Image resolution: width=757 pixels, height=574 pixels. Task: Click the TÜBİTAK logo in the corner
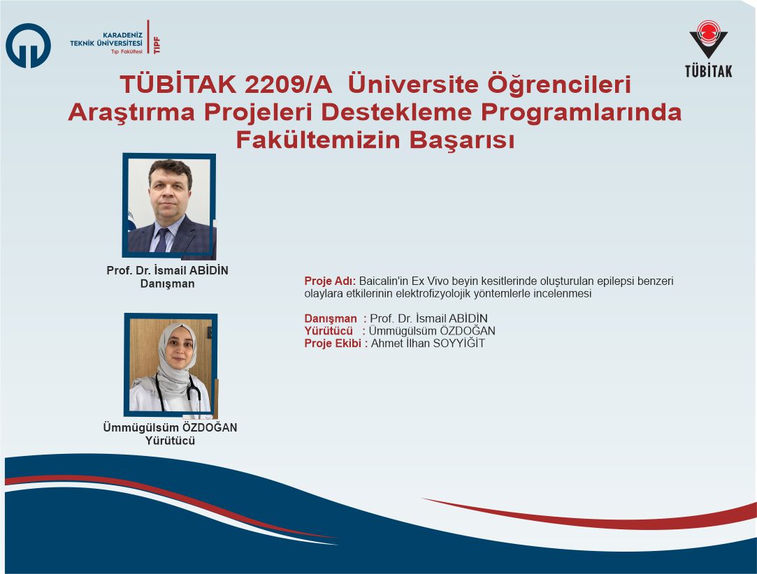[x=708, y=49]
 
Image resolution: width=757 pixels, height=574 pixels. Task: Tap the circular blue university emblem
[x=28, y=45]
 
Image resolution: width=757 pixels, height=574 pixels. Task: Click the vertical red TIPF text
[x=157, y=45]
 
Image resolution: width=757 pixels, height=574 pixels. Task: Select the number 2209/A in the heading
[x=288, y=84]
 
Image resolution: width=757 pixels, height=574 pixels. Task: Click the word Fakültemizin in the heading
[x=318, y=140]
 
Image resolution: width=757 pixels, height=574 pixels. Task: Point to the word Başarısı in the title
[x=462, y=141]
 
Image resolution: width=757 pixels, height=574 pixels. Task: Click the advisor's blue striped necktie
[x=161, y=240]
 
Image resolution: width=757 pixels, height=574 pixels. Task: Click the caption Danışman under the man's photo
[x=168, y=284]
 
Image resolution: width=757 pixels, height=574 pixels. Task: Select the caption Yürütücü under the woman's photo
[x=170, y=441]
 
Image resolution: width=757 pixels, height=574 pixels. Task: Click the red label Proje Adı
[x=330, y=281]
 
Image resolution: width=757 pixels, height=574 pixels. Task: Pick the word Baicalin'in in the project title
[x=383, y=281]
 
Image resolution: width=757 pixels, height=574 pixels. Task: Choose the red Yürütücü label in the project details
[x=329, y=331]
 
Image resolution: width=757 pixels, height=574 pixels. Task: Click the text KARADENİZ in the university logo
[x=122, y=35]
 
